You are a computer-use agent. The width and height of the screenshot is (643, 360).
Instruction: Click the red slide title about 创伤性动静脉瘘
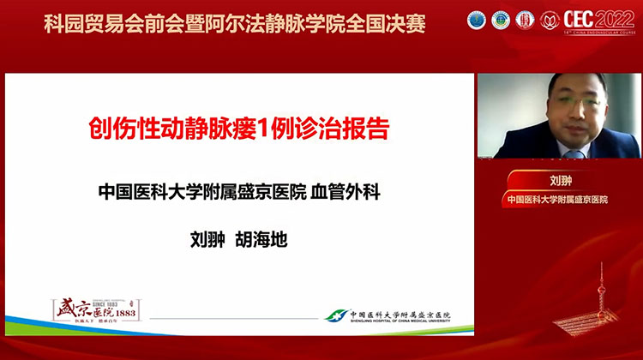[239, 131]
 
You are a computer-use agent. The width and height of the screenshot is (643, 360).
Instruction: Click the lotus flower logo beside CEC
[550, 20]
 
